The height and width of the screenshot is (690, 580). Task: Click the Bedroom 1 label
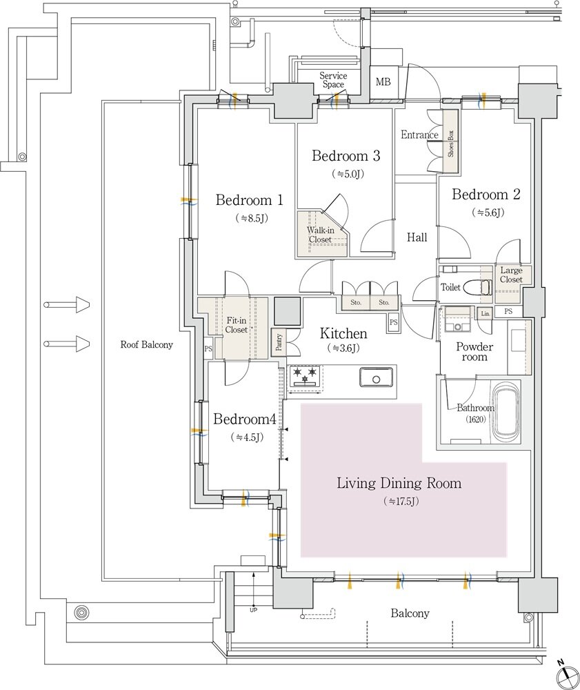pos(250,201)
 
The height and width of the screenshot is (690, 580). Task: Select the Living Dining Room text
pos(399,483)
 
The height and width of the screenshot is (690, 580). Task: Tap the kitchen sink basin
pos(375,377)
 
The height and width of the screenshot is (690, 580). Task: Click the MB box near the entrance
pos(383,82)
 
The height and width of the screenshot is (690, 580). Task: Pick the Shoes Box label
pos(450,144)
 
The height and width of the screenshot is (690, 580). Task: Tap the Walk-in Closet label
pos(319,235)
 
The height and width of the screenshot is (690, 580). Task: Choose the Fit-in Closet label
pos(237,326)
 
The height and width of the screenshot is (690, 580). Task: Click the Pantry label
pos(279,343)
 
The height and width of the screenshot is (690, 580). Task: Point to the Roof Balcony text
pos(146,344)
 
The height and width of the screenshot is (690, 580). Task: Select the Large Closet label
pos(511,275)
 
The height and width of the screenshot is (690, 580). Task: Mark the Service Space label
pos(332,80)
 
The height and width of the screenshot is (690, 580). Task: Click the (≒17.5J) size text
pos(401,502)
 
